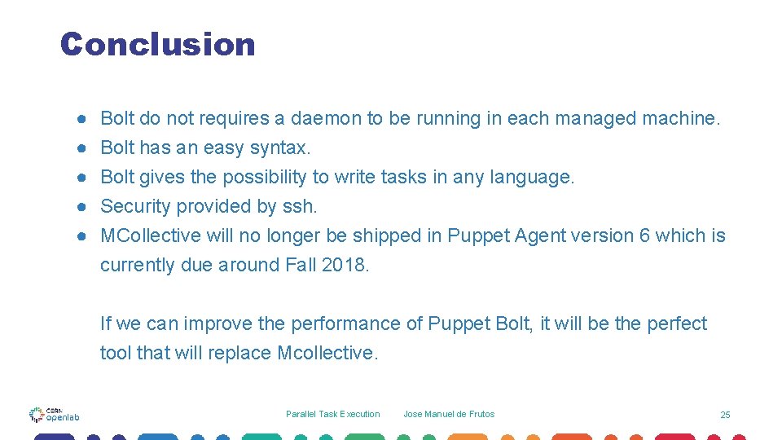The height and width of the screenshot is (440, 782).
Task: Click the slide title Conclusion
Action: [157, 44]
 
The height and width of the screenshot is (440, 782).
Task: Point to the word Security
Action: [135, 207]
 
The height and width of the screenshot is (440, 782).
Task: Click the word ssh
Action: [301, 207]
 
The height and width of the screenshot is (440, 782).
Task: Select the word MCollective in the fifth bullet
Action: [150, 236]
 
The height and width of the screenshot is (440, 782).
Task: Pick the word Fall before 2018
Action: [301, 266]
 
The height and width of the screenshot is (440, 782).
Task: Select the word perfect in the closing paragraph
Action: [677, 324]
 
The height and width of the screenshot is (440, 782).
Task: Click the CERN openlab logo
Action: [55, 414]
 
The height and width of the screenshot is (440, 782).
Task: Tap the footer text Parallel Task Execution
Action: [332, 414]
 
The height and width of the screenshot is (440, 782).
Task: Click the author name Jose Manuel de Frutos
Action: [449, 414]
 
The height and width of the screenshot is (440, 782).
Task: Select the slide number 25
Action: [725, 415]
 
